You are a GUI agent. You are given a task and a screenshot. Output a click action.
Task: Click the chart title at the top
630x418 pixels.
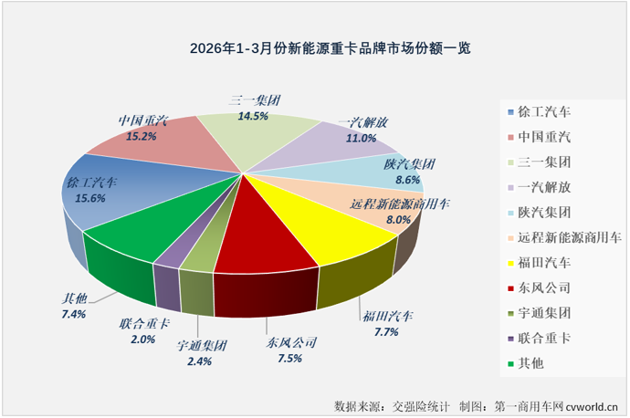click(315, 47)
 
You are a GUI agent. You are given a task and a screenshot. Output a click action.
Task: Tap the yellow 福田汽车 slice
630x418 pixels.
click(338, 228)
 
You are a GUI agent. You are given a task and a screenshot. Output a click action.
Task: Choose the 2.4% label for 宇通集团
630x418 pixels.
click(199, 361)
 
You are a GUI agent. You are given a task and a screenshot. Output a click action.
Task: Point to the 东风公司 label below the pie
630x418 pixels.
click(291, 343)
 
